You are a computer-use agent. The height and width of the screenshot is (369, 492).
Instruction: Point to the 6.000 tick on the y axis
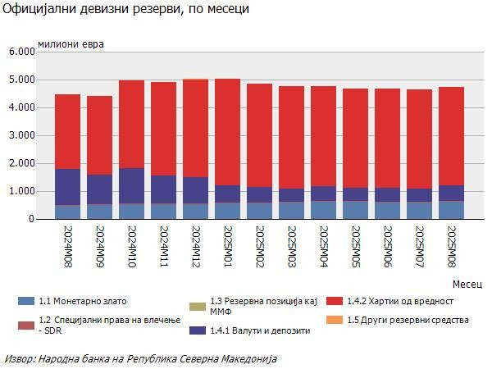[21, 52]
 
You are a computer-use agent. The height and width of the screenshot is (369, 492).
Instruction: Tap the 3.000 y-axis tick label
[21, 135]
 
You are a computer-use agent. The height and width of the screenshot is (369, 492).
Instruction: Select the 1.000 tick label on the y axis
[21, 191]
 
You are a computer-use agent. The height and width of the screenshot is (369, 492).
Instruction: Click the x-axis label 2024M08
[67, 245]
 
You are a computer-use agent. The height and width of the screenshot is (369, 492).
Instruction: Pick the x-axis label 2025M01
[227, 245]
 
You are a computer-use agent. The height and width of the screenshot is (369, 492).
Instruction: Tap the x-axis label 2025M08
[452, 245]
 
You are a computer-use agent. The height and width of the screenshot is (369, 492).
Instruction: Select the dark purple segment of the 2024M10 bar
[131, 186]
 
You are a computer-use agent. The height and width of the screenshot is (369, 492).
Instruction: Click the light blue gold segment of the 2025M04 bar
[323, 210]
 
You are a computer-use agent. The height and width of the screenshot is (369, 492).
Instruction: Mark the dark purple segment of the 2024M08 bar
[67, 187]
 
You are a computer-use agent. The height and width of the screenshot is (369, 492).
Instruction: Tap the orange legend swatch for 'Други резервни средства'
[334, 319]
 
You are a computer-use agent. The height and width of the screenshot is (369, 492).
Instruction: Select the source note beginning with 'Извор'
[141, 358]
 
